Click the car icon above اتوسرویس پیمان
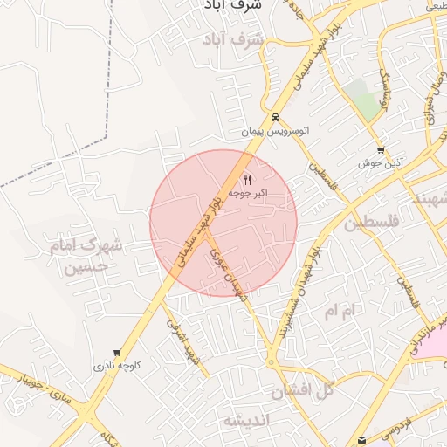coord(275,118)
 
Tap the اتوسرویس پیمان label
coord(276,131)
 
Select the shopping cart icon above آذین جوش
coord(380,150)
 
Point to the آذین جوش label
coord(380,163)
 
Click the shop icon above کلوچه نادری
coord(117,354)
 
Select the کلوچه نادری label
coord(117,367)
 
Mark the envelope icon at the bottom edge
coord(362,438)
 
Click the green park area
coord(364,98)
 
